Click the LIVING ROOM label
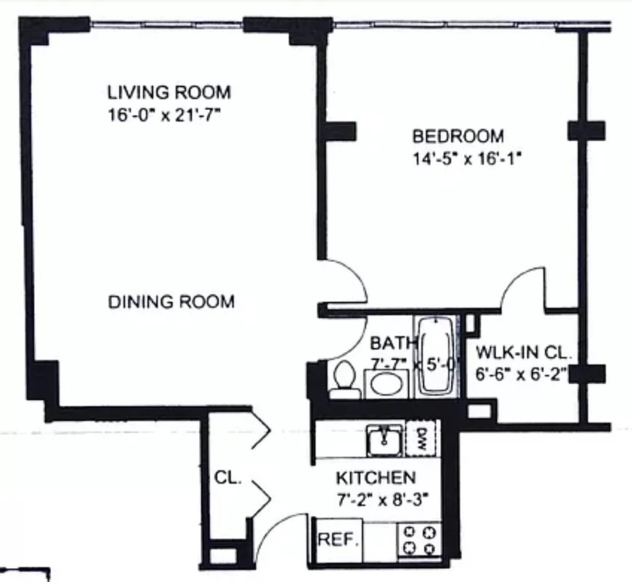tap(169, 92)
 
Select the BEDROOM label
tap(458, 136)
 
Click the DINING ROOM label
tap(171, 301)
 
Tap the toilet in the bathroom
tap(344, 380)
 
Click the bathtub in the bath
tap(435, 356)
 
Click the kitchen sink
tap(384, 439)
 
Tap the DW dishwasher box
tap(422, 439)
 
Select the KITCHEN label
tap(376, 478)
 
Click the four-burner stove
tap(420, 541)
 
